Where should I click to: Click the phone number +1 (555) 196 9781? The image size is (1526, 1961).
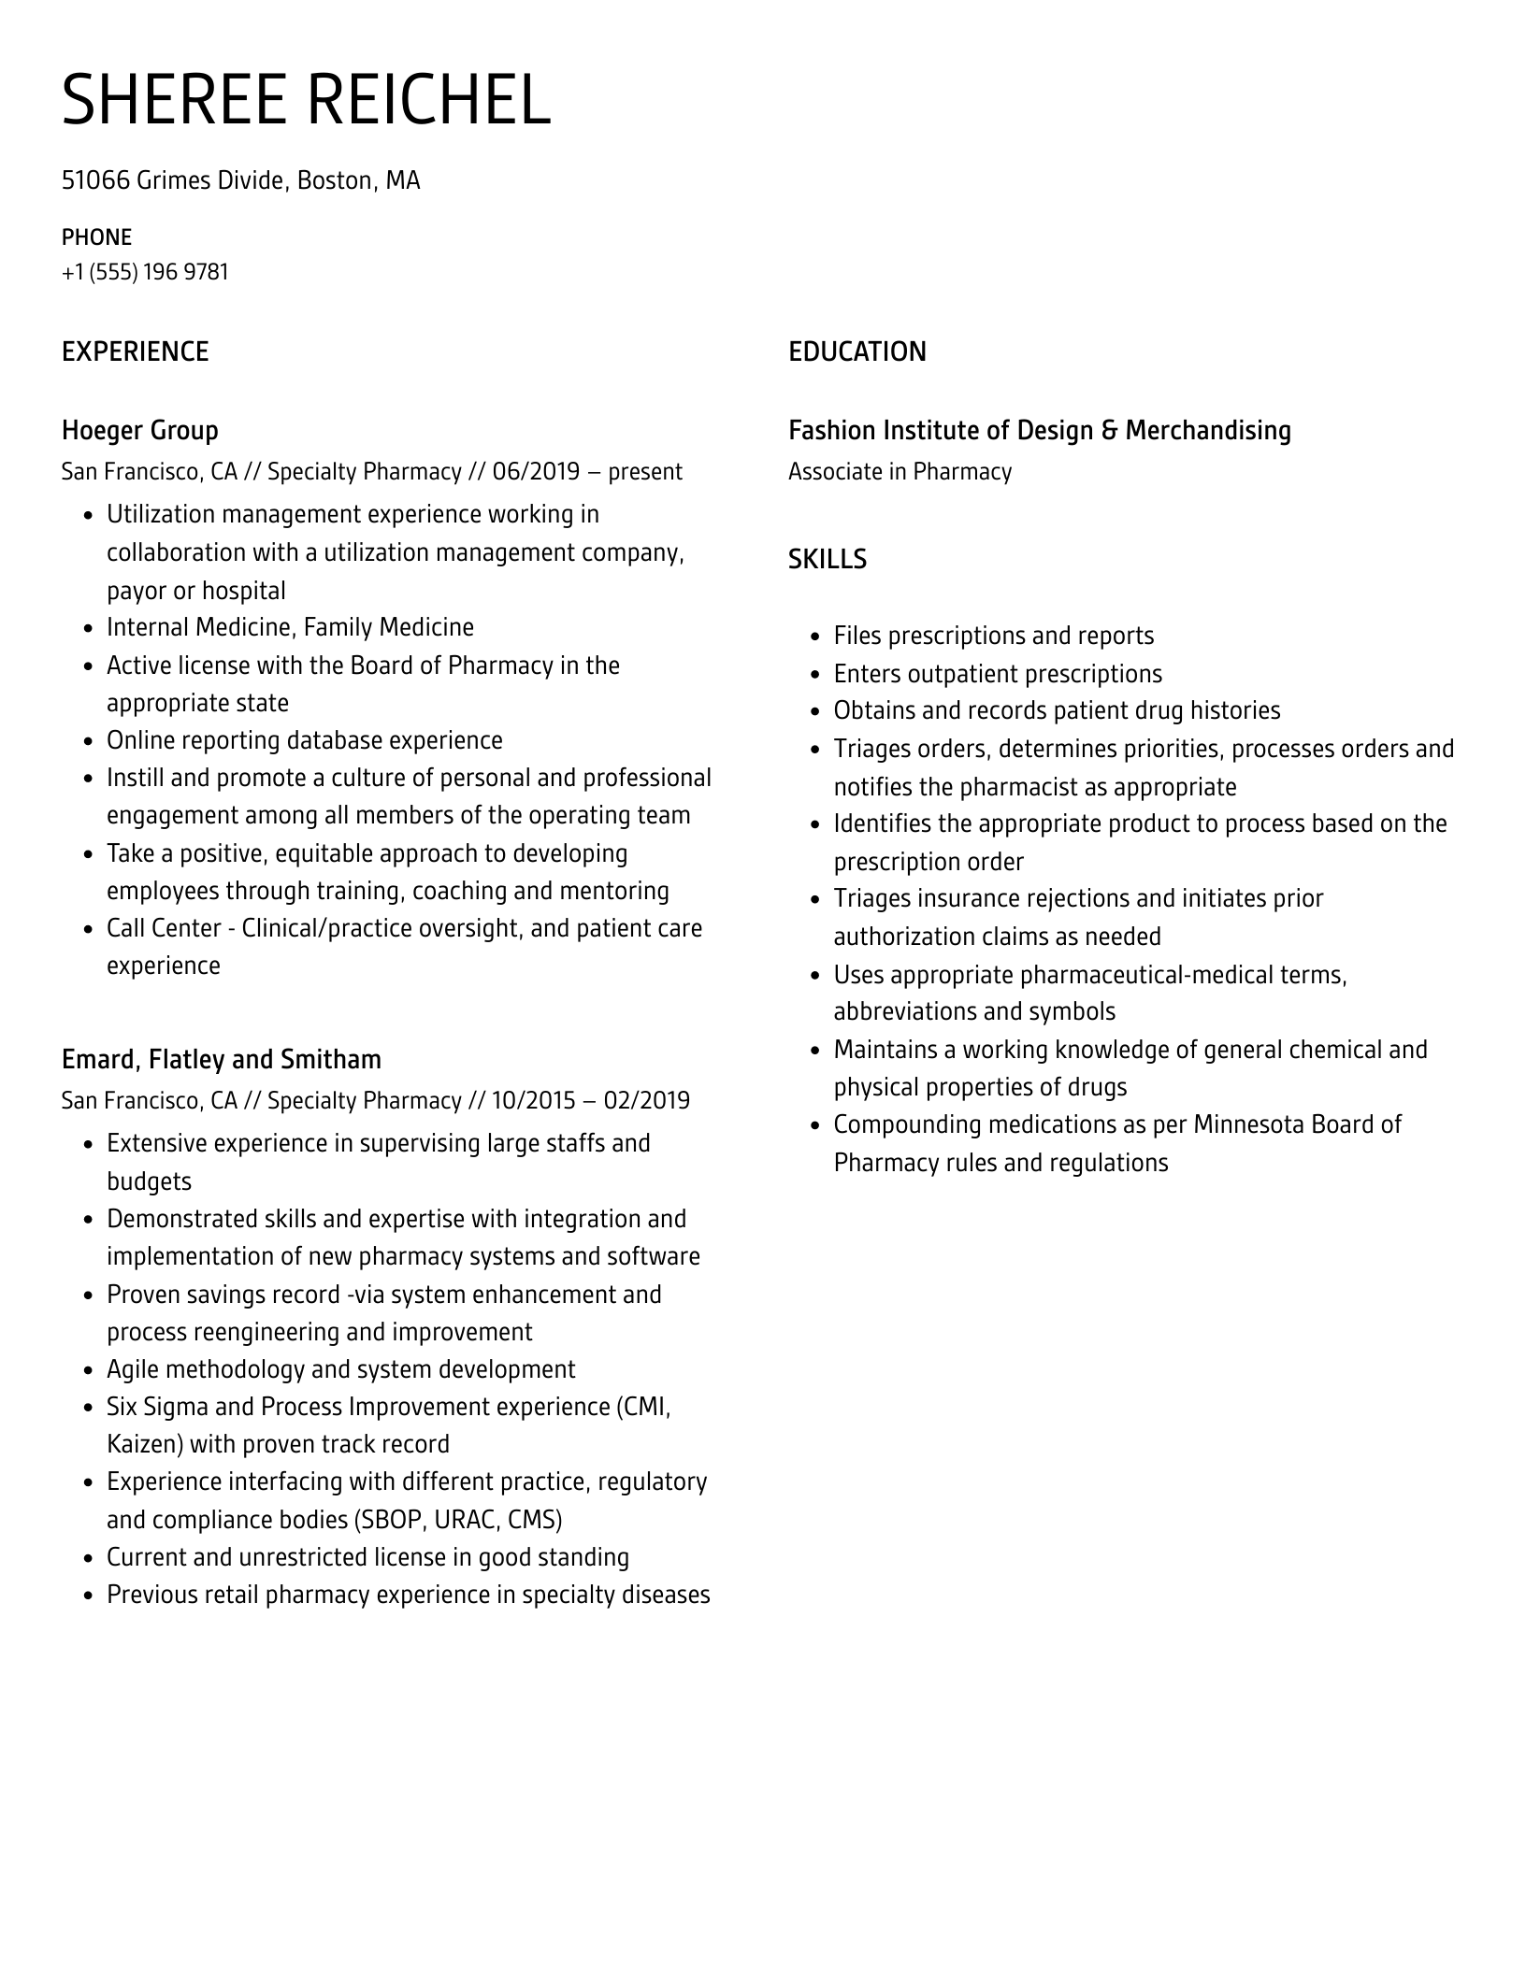point(145,272)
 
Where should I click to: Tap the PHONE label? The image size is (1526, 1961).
point(96,236)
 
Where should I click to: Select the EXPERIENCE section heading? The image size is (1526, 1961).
point(135,351)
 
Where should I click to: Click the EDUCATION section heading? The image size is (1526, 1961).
point(857,351)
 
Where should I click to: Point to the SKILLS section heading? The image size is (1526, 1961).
point(827,559)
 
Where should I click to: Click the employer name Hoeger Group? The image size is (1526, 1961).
point(139,430)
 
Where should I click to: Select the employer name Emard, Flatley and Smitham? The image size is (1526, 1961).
point(221,1059)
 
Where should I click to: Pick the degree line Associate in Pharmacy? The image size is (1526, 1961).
point(900,471)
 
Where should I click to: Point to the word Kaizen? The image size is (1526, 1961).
point(145,1444)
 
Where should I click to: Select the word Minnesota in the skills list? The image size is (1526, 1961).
point(1248,1124)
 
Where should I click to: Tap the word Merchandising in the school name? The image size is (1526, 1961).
point(1207,430)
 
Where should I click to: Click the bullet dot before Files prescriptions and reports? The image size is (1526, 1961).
point(814,637)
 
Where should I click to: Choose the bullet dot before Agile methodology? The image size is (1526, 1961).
point(88,1371)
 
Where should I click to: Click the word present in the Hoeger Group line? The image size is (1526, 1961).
point(645,471)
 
